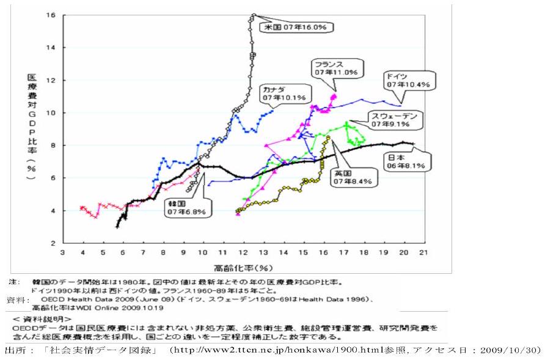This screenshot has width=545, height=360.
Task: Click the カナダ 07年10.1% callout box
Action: tap(286, 93)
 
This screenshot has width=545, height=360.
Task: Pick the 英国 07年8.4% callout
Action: tap(353, 177)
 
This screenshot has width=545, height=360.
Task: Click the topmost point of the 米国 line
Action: tap(254, 15)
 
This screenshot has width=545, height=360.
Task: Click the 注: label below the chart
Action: tap(14, 283)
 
